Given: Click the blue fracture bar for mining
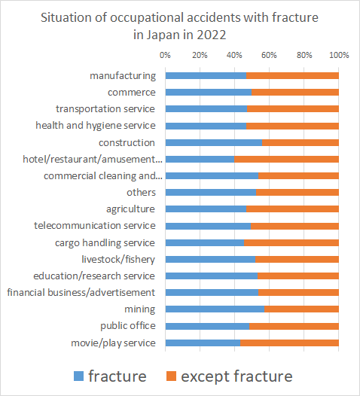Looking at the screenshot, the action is point(215,309).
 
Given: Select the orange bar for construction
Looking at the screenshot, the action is point(301,143).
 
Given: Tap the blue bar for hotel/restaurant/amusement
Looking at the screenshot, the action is point(200,160).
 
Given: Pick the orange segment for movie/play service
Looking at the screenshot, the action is point(289,343).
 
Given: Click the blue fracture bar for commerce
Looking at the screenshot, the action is point(209,93).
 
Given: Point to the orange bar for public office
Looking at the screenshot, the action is point(294,326).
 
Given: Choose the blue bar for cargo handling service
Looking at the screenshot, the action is point(205,243).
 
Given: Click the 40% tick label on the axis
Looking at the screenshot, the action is point(234,55).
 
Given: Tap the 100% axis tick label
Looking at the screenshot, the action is point(339,55).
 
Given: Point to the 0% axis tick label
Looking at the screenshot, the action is point(165,55).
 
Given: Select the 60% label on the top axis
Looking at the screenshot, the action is point(269,55).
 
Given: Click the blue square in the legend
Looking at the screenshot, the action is point(78,376).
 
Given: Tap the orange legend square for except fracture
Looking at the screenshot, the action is point(171,376).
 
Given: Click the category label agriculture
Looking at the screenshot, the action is point(130,209).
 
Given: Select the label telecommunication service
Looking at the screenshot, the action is point(95,226).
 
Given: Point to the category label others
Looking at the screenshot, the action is point(141,193).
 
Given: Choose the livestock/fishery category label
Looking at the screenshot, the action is point(118,260).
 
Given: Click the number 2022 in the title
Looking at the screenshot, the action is point(212,35).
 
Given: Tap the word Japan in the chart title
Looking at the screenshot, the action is point(163,35).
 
